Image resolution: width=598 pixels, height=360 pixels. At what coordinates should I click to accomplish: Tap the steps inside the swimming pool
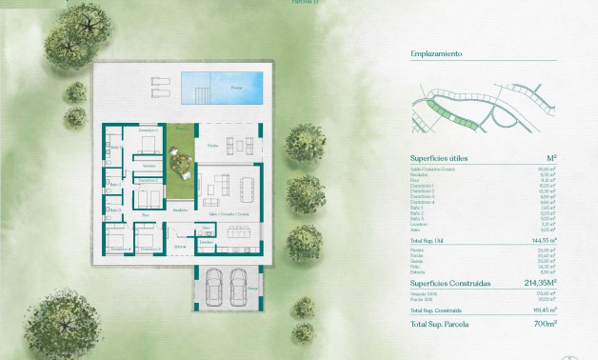pyautogui.click(x=201, y=92)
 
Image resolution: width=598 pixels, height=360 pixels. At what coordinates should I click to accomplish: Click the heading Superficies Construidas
pyautogui.click(x=450, y=283)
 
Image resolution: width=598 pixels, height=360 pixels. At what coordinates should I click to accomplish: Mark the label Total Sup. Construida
pyautogui.click(x=437, y=310)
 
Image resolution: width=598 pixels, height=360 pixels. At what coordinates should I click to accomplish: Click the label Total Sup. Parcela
pyautogui.click(x=440, y=327)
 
